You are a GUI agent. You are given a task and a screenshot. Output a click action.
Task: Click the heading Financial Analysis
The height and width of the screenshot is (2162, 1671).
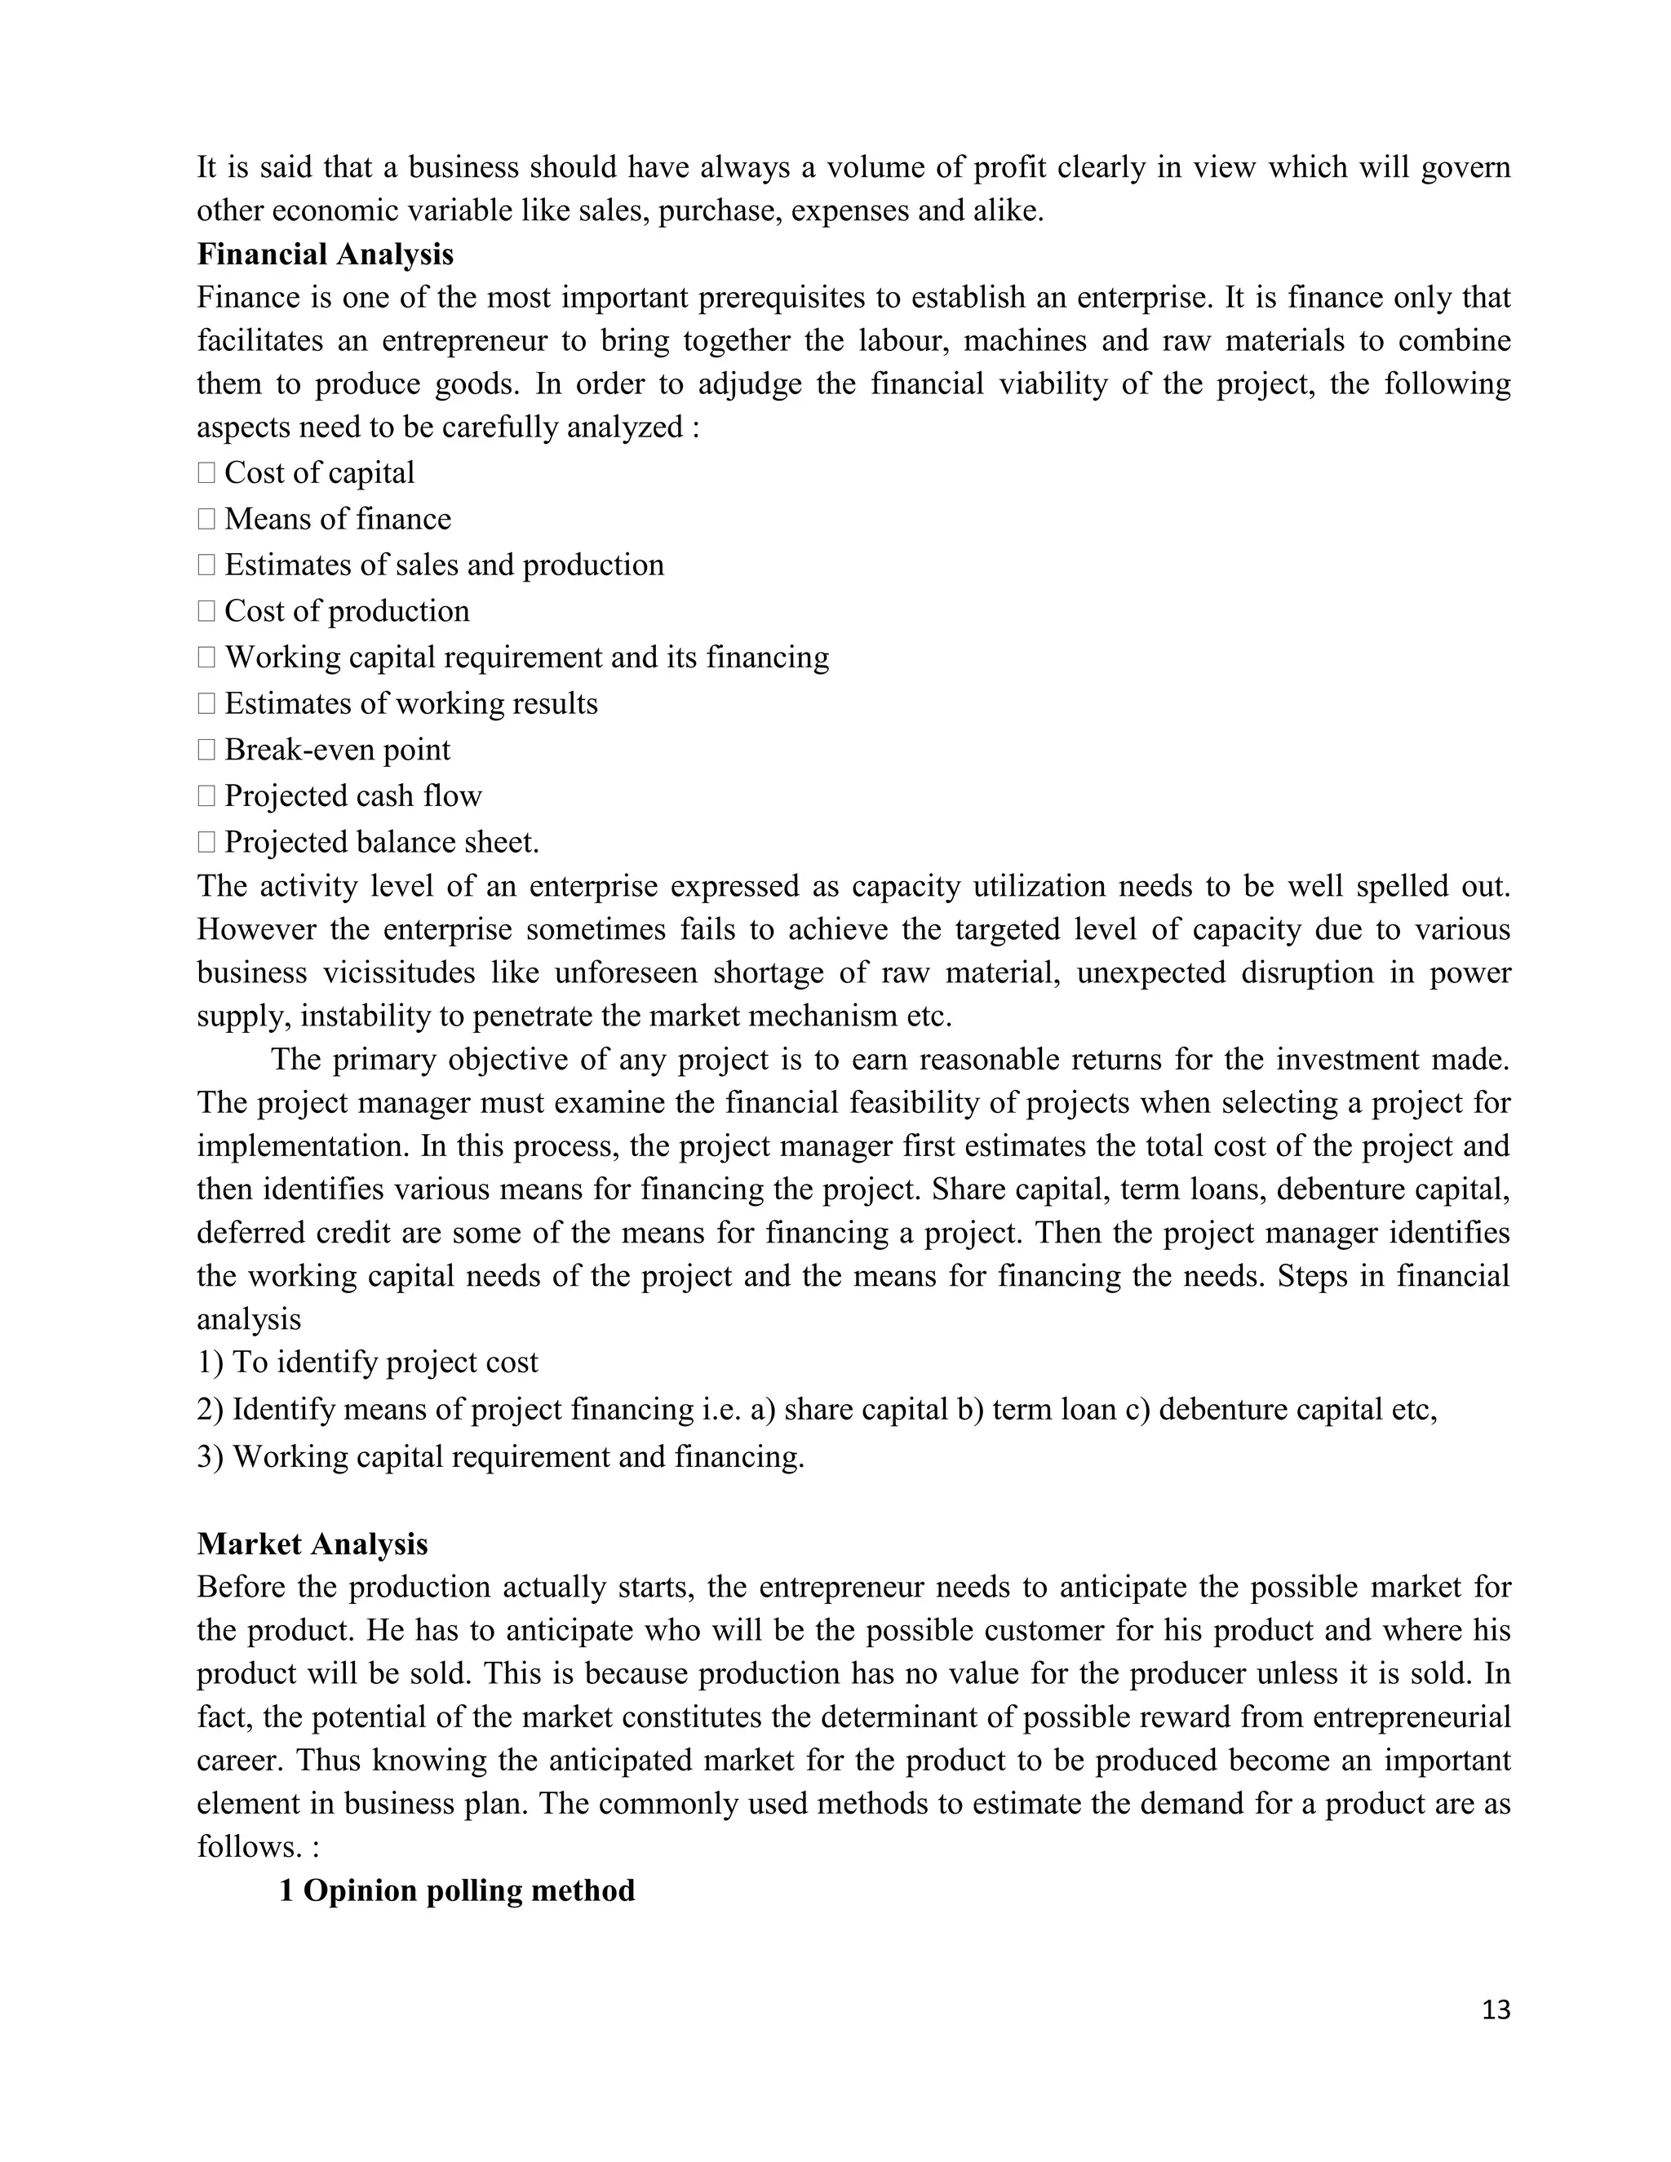click(325, 255)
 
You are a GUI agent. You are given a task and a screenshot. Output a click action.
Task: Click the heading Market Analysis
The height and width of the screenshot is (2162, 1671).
click(312, 1544)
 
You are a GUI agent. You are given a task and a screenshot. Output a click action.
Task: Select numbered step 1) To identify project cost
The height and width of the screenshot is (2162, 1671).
click(367, 1362)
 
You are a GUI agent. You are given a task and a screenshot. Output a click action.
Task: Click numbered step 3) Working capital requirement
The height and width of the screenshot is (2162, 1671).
click(500, 1456)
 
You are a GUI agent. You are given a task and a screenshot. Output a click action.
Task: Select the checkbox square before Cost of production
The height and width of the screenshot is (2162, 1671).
click(206, 612)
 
